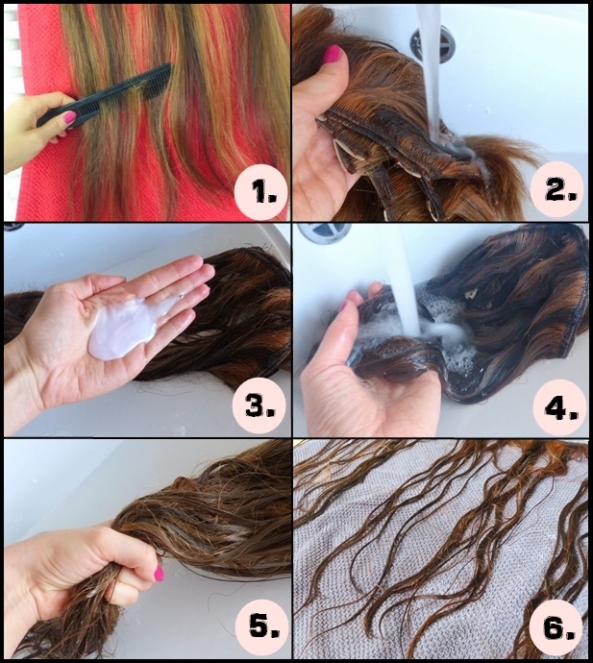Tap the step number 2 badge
point(558,189)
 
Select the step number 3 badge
point(259,405)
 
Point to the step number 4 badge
point(559,406)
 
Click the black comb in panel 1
point(104,95)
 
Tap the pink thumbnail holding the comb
point(70,117)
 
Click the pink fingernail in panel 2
point(332,54)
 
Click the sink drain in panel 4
point(325,233)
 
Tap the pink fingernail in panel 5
point(159,573)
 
